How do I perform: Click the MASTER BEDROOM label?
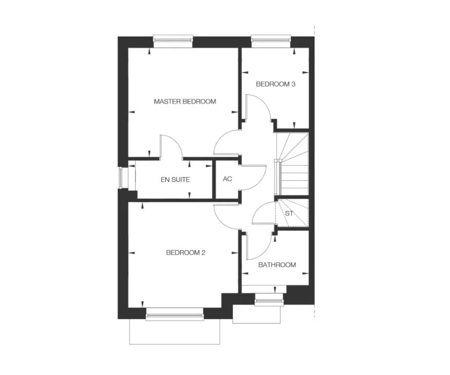click(185, 101)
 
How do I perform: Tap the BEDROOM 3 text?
click(275, 84)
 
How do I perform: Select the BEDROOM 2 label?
click(185, 253)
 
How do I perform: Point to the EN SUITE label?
click(175, 180)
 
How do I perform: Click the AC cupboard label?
click(227, 179)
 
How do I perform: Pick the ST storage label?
click(289, 214)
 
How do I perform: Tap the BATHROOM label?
click(277, 265)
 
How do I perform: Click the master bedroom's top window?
click(173, 40)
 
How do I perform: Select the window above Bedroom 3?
click(271, 40)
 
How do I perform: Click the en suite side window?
click(123, 177)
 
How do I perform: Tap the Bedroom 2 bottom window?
click(174, 314)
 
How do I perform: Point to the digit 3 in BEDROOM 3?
click(293, 84)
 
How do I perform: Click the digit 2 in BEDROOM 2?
click(203, 253)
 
